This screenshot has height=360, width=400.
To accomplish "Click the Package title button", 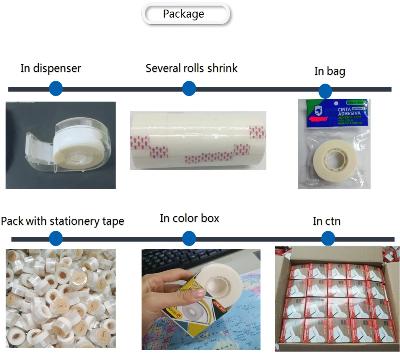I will pos(186,14).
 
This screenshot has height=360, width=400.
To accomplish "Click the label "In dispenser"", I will pos(51,68).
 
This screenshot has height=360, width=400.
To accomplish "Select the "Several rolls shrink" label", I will pos(192,68).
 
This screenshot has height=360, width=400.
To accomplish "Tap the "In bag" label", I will pos(330,71).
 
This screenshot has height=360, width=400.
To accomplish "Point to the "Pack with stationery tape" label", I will pos(62,221).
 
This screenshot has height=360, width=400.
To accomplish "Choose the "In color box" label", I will pos(190,218).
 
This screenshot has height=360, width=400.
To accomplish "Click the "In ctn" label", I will pos(327,221).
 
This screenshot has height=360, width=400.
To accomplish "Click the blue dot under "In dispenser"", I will pos(56,88).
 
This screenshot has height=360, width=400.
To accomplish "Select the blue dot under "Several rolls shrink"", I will pos(189,88).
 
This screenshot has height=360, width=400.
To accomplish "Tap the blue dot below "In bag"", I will pos(325,91).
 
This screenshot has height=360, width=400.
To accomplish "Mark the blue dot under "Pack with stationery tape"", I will pos(56,239).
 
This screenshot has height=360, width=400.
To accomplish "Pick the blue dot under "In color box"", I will pos(189,239).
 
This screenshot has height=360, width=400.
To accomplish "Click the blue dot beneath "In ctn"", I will pos(328,239).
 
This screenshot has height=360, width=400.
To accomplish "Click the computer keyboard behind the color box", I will pos(168,260).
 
